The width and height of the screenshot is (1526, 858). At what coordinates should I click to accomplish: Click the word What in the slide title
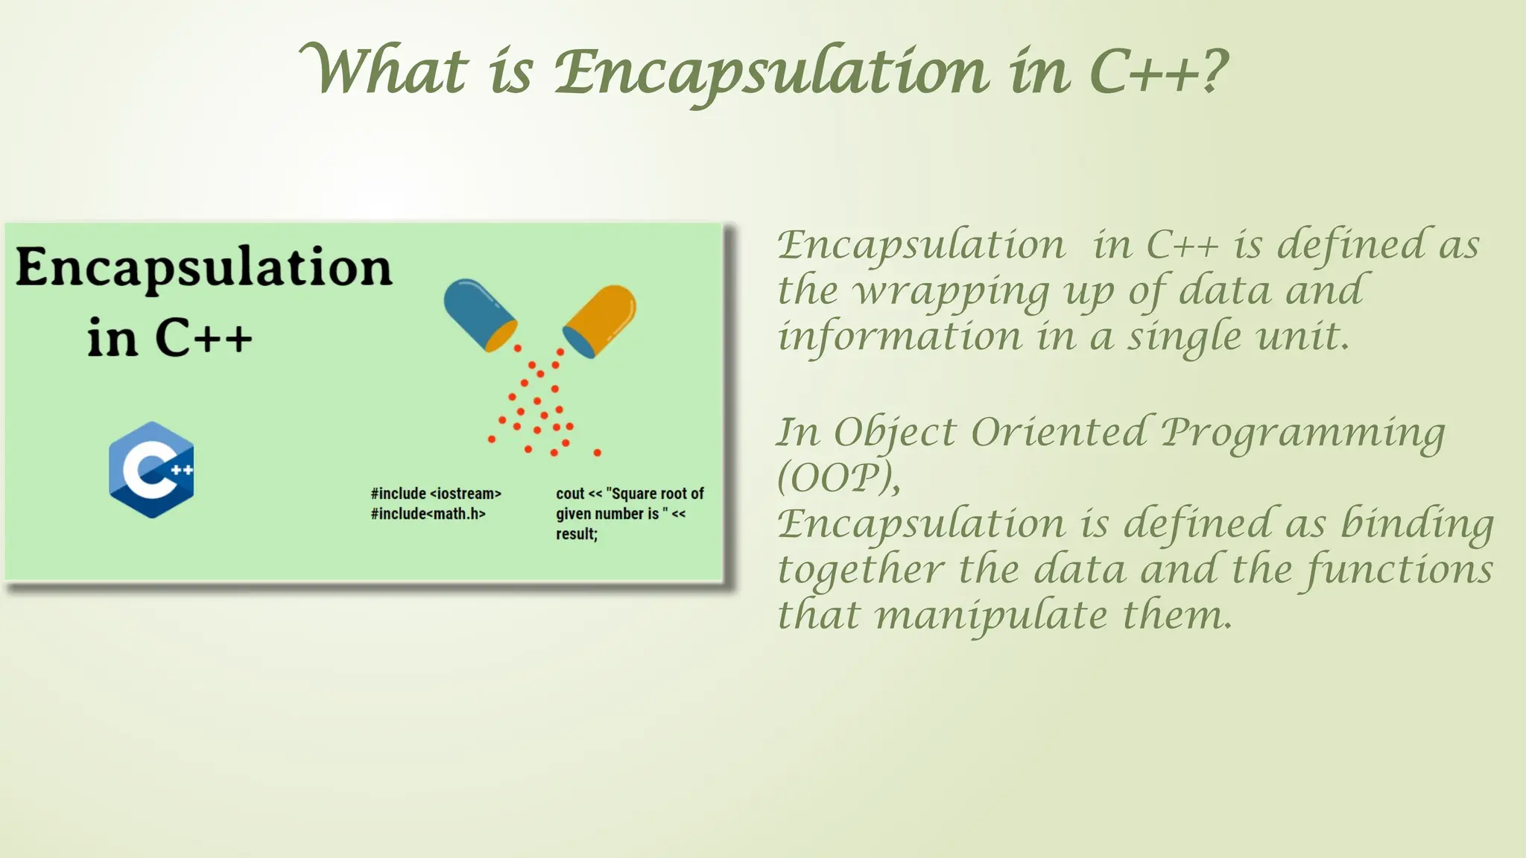[x=384, y=71]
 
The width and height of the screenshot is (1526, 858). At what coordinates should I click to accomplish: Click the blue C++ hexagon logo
[x=151, y=470]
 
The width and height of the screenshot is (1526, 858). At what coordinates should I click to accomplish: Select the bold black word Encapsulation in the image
[x=203, y=268]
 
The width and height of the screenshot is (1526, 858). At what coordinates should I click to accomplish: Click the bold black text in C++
[x=170, y=339]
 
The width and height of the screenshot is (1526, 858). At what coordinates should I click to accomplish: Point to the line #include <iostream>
[x=436, y=494]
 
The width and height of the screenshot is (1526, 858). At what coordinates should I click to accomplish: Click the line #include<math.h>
[x=428, y=514]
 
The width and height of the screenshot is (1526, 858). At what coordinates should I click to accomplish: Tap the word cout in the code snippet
[x=570, y=494]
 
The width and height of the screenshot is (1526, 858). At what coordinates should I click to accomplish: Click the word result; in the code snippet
[x=577, y=534]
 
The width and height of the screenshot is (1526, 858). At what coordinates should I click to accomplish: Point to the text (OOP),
[x=838, y=478]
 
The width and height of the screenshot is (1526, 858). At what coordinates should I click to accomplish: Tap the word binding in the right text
[x=1417, y=524]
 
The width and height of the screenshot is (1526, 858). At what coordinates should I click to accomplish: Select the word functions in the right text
[x=1399, y=570]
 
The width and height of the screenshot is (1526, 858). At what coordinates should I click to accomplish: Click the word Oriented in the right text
[x=1058, y=433]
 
